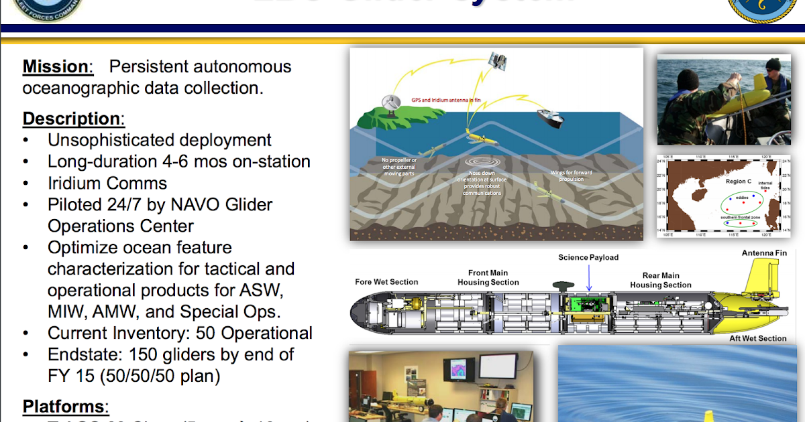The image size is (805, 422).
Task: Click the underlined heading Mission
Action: [x=55, y=67]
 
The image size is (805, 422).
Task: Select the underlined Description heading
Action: [x=72, y=119]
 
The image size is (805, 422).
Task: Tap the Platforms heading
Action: [x=64, y=407]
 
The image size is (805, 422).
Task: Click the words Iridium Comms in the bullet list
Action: [x=107, y=183]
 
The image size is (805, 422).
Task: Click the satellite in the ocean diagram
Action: [x=497, y=62]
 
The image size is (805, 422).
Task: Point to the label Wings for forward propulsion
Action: [x=571, y=176]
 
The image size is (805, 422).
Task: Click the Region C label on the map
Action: [x=739, y=182]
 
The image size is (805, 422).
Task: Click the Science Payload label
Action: [x=588, y=257]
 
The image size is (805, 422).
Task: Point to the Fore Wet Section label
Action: [x=386, y=282]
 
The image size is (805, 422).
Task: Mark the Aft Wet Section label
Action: [x=757, y=338]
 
